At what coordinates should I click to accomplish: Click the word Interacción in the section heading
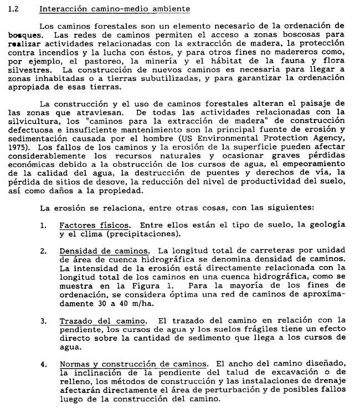(x=63, y=9)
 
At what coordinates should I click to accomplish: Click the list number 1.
(x=44, y=225)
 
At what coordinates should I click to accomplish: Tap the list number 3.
(x=44, y=321)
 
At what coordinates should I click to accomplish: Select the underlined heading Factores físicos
(x=95, y=225)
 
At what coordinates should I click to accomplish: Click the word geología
(x=327, y=225)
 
